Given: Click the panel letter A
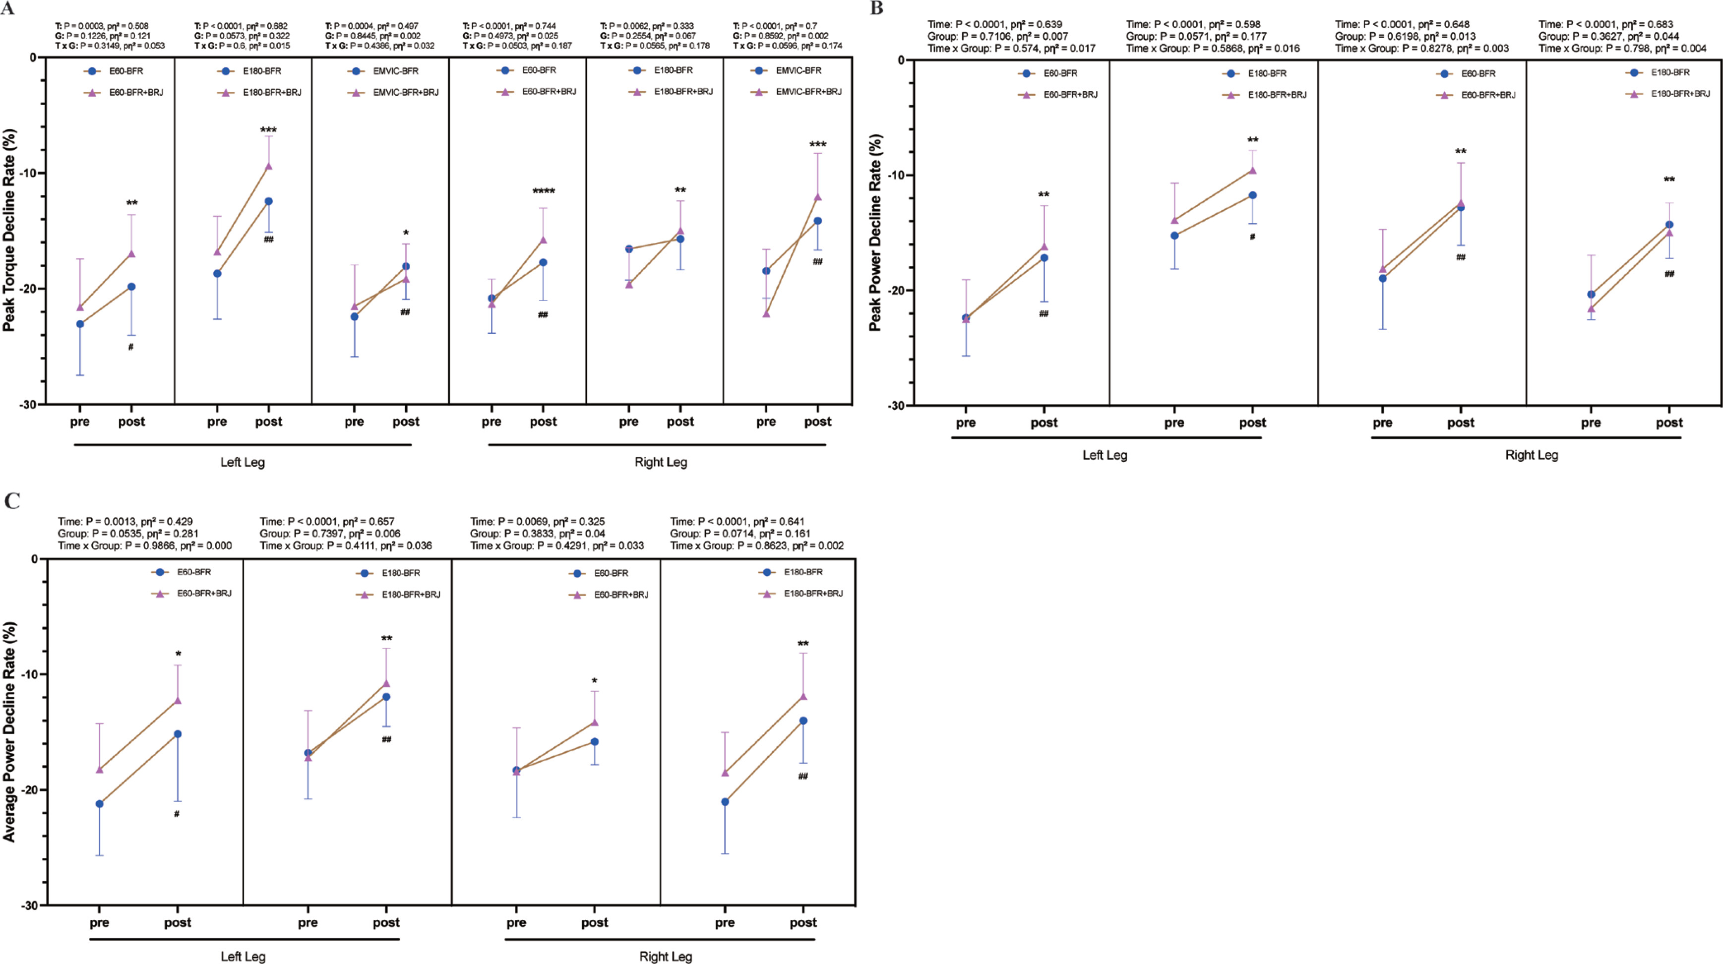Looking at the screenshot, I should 7,9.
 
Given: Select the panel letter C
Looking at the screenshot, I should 11,501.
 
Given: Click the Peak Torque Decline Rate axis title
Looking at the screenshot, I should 9,230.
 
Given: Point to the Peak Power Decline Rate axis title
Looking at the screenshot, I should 875,232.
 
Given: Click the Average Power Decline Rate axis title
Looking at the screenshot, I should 9,731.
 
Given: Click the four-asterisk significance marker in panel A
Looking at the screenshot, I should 543,192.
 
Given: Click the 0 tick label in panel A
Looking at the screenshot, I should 33,58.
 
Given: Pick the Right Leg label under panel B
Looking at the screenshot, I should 1531,455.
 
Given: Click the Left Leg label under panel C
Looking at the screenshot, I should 243,957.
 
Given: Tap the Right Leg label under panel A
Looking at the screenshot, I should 660,462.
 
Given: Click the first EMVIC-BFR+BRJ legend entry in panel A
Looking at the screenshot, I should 405,92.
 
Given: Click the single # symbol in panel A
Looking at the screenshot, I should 131,347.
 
